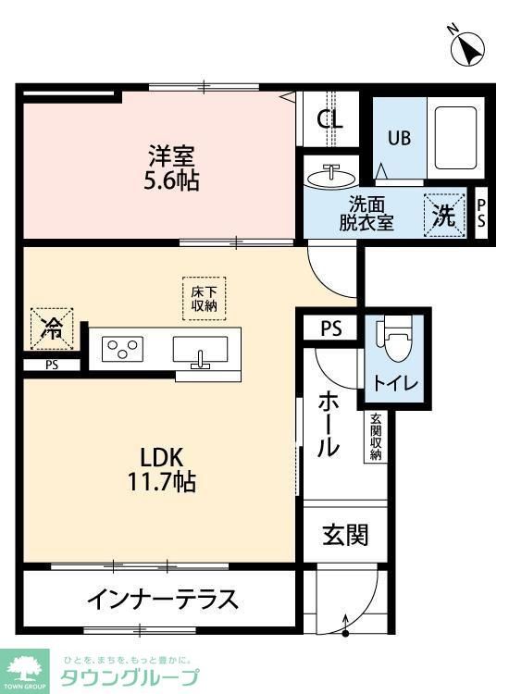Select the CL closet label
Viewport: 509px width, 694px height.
click(329, 118)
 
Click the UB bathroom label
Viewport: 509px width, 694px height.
click(398, 139)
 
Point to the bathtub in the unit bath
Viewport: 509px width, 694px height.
click(453, 139)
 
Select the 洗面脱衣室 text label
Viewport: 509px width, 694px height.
click(366, 214)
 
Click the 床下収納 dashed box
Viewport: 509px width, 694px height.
click(205, 298)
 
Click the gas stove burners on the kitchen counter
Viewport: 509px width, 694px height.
click(123, 349)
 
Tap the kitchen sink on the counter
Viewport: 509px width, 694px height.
click(200, 352)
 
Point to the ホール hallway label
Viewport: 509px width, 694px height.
click(328, 425)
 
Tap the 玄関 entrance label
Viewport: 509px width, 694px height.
click(346, 534)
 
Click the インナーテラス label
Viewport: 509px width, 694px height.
click(163, 600)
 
